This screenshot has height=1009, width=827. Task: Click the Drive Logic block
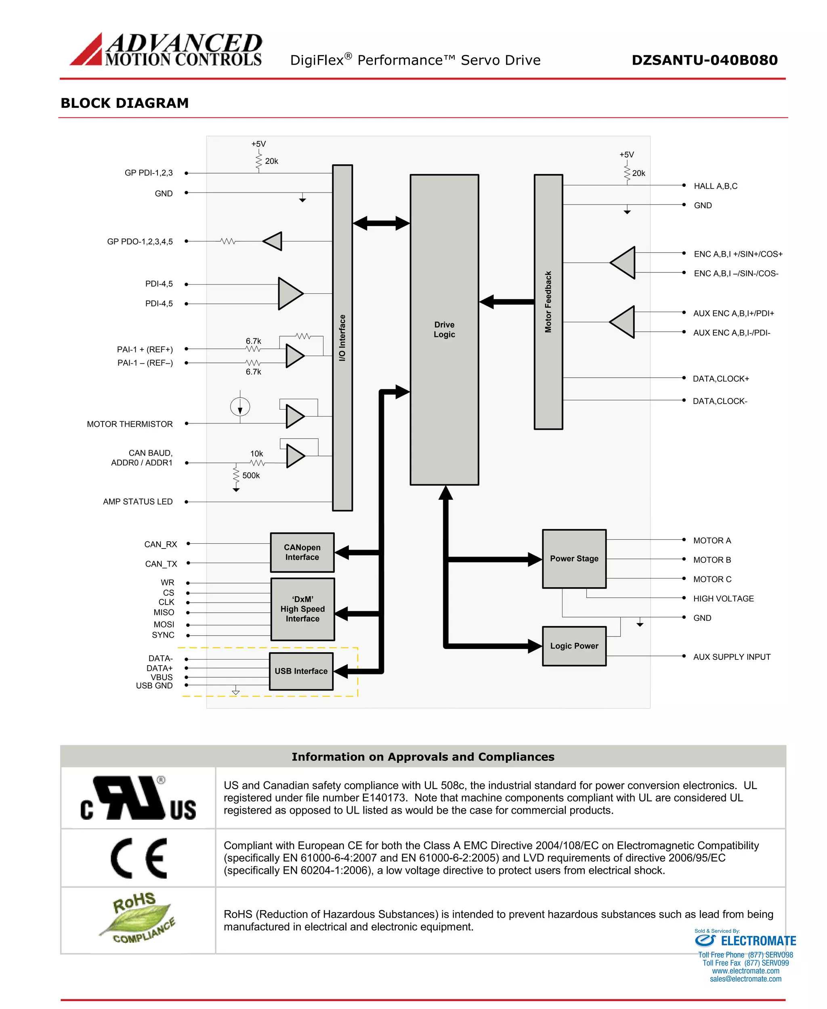click(444, 329)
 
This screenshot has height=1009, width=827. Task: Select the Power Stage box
click(574, 559)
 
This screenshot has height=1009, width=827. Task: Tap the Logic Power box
click(574, 646)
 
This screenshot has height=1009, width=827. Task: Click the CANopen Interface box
click(302, 553)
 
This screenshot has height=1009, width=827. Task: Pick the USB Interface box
click(301, 671)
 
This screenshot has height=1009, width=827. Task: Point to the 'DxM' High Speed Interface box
click(302, 609)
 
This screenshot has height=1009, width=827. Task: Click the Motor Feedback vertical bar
click(548, 302)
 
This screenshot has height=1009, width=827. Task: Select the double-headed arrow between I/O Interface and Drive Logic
click(381, 223)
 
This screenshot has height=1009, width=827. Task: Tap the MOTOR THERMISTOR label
click(130, 424)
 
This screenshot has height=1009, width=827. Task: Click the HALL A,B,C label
click(715, 186)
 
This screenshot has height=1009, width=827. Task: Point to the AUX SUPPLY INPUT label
click(731, 657)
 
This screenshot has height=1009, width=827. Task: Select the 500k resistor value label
click(251, 475)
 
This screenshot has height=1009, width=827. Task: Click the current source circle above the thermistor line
click(240, 407)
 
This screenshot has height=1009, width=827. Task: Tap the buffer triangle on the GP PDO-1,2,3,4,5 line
click(273, 241)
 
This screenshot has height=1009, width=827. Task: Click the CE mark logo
click(139, 858)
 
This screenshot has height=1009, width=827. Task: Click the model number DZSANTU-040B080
click(704, 60)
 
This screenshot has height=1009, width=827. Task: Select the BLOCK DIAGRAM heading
click(125, 103)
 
